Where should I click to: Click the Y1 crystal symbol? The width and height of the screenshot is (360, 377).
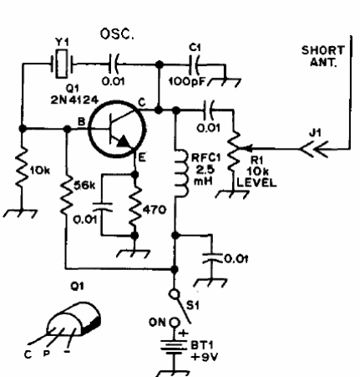(x=62, y=64)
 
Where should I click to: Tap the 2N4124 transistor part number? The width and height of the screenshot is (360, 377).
(x=74, y=99)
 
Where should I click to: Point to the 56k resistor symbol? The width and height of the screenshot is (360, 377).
(x=67, y=195)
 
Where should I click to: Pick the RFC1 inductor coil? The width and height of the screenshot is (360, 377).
(x=180, y=174)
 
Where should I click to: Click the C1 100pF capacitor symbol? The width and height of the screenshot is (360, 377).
(x=195, y=65)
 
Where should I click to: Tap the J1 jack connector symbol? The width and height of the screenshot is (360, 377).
(x=314, y=149)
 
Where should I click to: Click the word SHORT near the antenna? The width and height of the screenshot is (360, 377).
(x=323, y=50)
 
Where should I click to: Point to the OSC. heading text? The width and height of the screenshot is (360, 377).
(x=117, y=33)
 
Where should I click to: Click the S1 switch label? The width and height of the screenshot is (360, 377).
(x=193, y=306)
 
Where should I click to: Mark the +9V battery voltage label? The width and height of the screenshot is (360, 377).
(x=205, y=357)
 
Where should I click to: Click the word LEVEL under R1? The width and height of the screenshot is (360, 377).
(x=256, y=183)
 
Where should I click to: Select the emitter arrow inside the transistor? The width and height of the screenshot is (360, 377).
(x=123, y=141)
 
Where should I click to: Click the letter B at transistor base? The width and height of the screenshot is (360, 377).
(x=81, y=121)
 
